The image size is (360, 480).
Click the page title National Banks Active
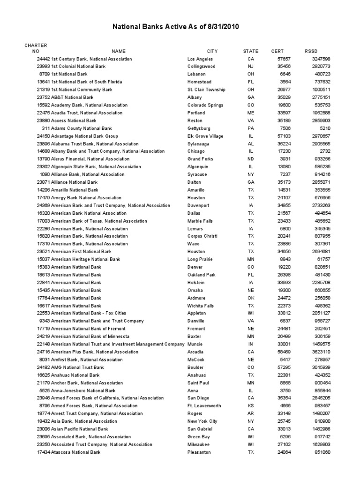pos(175,27)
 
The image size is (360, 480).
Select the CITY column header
pos(212,51)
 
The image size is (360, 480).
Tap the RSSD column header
pos(311,51)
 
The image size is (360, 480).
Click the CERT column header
pos(277,51)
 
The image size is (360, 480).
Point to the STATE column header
pos(251,51)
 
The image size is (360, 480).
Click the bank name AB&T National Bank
pos(72,97)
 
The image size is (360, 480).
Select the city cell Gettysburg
pos(199,128)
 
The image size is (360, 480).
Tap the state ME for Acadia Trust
pos(251,113)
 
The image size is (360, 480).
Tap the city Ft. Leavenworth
pos(204,406)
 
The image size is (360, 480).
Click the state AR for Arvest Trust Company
pos(251,413)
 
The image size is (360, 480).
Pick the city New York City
pos(202,421)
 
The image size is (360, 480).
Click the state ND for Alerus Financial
pos(251,159)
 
